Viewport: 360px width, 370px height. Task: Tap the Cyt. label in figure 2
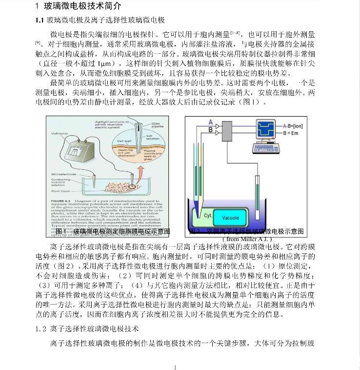click(x=208, y=215)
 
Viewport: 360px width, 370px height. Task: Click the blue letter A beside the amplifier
click(x=210, y=122)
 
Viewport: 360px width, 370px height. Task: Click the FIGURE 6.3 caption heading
click(x=62, y=201)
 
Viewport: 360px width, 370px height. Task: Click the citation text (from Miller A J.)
click(x=247, y=239)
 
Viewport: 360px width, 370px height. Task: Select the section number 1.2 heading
click(x=42, y=329)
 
